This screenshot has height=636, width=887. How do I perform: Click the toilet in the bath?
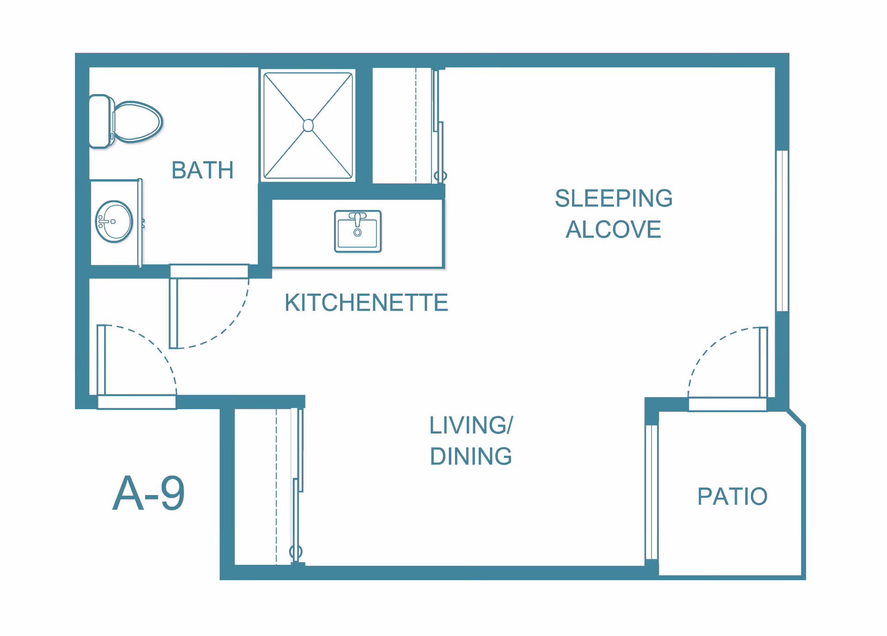(x=125, y=122)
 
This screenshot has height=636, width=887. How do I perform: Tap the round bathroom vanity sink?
(x=114, y=221)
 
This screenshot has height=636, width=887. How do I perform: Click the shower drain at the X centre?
(x=308, y=125)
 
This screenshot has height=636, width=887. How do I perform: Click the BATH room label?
(x=202, y=170)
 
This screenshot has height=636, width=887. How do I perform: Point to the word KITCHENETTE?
(x=366, y=303)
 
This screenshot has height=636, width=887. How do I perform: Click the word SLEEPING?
(x=614, y=198)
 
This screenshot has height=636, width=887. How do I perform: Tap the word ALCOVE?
(x=614, y=229)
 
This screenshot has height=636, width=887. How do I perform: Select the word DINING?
(x=471, y=456)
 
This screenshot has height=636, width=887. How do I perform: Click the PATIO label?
(x=732, y=496)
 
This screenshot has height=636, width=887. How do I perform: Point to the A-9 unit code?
(x=148, y=493)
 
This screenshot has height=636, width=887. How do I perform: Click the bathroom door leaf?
(x=173, y=313)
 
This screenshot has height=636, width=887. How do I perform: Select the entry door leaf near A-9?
(x=101, y=360)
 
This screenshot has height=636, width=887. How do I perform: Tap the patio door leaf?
(x=764, y=362)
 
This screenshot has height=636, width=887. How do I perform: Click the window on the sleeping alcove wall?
(x=782, y=231)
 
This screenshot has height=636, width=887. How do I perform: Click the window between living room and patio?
(x=651, y=492)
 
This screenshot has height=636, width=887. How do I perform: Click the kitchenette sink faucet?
(x=357, y=220)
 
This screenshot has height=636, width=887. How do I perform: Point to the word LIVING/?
(x=471, y=425)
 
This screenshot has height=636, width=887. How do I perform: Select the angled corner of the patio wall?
(x=796, y=417)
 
